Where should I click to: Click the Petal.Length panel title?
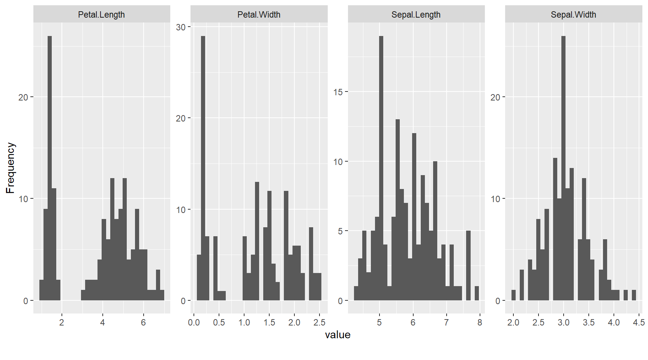(101, 15)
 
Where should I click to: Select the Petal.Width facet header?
(259, 15)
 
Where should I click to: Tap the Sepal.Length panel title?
(416, 15)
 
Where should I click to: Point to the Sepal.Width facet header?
(573, 15)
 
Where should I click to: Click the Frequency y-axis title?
(10, 168)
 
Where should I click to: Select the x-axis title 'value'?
(337, 334)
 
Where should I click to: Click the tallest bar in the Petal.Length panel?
(49, 169)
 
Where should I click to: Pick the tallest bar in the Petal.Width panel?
(203, 169)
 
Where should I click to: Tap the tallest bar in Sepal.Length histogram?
(381, 169)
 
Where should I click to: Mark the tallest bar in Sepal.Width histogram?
(563, 169)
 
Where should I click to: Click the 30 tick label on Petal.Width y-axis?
(181, 27)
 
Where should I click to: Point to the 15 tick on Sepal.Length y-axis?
(338, 92)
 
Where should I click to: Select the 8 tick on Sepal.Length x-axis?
(480, 322)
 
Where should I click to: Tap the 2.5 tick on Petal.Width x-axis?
(319, 322)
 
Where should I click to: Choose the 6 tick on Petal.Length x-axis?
(143, 322)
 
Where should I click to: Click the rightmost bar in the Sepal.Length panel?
(477, 293)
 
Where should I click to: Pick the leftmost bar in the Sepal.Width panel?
(513, 295)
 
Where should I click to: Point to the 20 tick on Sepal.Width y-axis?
(495, 97)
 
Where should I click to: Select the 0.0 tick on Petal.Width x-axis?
(194, 322)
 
